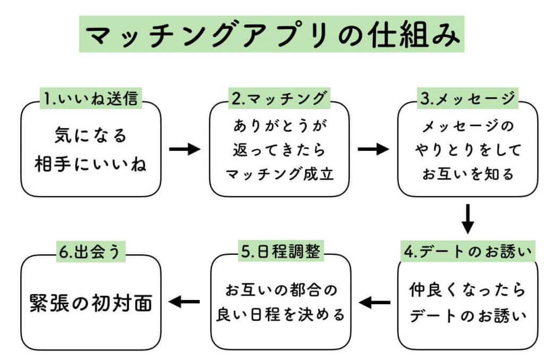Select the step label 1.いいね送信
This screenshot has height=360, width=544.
point(91,98)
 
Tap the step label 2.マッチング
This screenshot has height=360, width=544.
point(279,98)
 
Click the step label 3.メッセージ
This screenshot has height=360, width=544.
point(468,98)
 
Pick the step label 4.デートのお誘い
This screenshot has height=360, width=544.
point(468,252)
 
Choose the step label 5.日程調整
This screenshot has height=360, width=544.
point(279,252)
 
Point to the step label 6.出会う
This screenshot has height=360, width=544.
point(91,252)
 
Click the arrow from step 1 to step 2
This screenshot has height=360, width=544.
point(184,149)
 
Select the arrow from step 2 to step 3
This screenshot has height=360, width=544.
point(373,149)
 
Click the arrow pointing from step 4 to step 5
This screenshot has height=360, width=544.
point(374,303)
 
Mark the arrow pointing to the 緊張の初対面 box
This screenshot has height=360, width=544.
point(184,303)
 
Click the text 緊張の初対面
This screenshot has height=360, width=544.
point(90,303)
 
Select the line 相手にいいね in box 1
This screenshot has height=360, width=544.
point(91,164)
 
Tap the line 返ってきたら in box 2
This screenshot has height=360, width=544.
point(279,150)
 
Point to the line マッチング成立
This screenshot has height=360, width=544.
point(279,174)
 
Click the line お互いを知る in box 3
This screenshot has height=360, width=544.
point(468,174)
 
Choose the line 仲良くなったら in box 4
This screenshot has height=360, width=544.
point(467,290)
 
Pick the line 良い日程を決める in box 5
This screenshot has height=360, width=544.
point(280,315)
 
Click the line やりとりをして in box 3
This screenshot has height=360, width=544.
point(468,150)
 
